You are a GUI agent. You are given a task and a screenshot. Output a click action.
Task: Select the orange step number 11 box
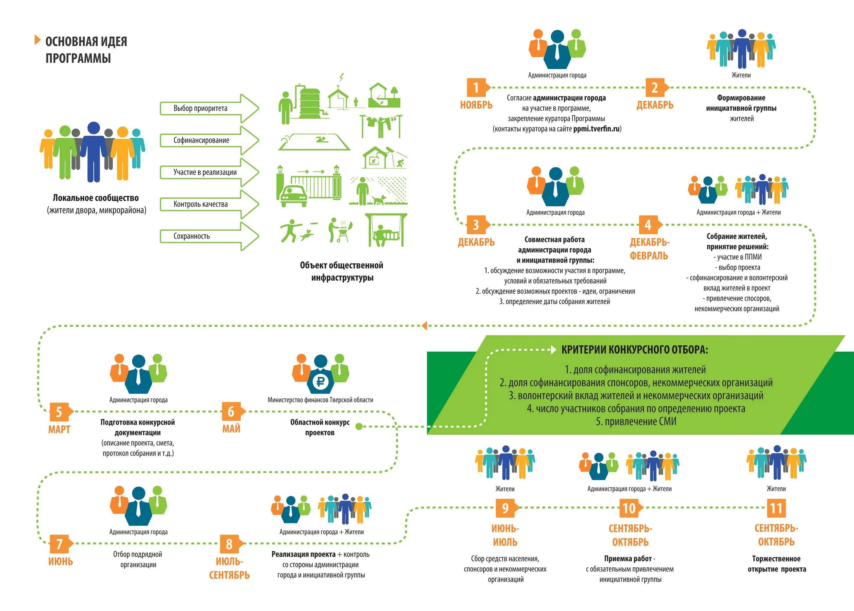pos(776,508)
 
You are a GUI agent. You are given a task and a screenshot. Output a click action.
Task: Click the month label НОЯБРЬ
pos(476,105)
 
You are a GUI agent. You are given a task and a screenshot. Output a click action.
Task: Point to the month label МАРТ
pos(59,429)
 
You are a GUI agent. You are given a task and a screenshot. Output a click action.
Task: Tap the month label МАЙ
pos(231,428)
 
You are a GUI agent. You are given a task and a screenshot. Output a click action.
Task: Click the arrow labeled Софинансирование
pos(209,140)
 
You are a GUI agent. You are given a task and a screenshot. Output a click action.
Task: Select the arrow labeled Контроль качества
pos(209,204)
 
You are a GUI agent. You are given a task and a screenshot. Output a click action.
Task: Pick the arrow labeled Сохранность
pos(209,236)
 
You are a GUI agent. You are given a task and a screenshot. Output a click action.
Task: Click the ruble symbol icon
pos(320,382)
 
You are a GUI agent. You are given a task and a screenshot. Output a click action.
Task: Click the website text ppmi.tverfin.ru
pos(596,129)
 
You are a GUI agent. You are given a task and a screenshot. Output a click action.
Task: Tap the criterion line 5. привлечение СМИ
pos(636,421)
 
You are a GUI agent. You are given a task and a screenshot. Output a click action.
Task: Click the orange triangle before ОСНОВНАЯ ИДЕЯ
pos(37,40)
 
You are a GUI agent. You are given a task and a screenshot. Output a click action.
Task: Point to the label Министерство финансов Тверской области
pos(320,400)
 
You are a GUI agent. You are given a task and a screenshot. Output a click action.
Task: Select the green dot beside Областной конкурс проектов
pos(359,426)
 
